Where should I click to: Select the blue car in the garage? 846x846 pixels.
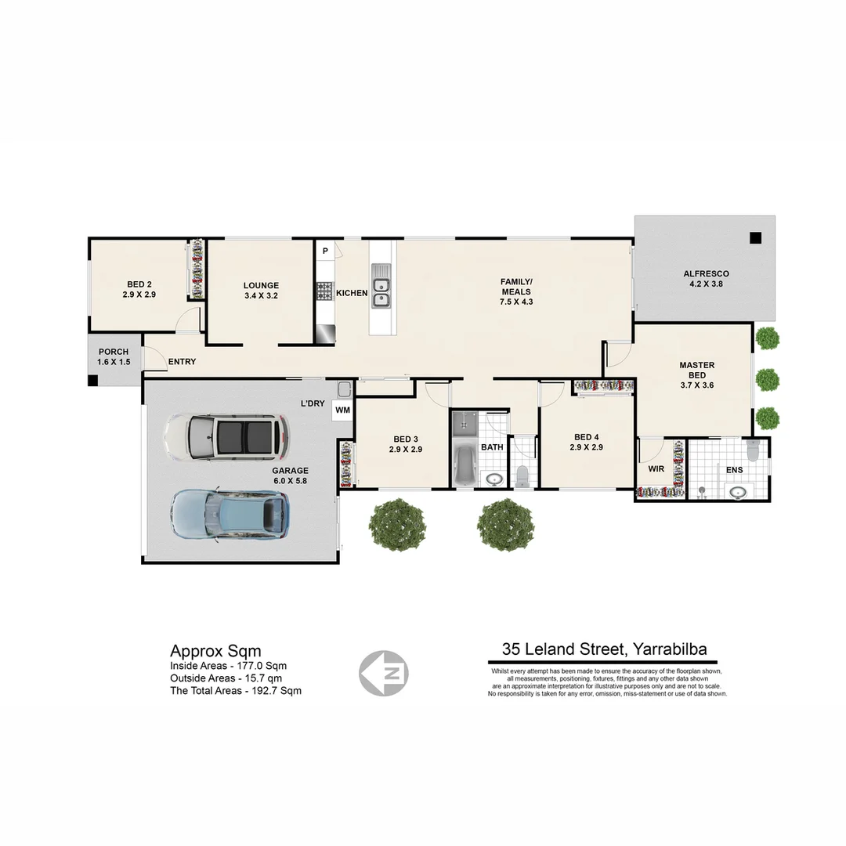[230, 515]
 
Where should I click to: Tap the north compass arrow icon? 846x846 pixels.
[383, 673]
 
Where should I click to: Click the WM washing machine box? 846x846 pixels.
[342, 410]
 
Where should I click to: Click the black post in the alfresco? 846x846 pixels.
[755, 238]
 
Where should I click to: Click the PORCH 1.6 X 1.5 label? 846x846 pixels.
[114, 357]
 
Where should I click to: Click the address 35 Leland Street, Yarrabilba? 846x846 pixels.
[604, 649]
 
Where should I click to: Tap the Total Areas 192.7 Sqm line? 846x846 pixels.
[236, 691]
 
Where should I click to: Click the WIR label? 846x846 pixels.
[656, 469]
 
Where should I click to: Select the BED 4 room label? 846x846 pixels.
[587, 443]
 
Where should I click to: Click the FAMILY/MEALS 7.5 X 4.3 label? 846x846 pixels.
[516, 291]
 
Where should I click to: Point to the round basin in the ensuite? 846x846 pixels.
[737, 492]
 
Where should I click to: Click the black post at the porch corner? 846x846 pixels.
[92, 381]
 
